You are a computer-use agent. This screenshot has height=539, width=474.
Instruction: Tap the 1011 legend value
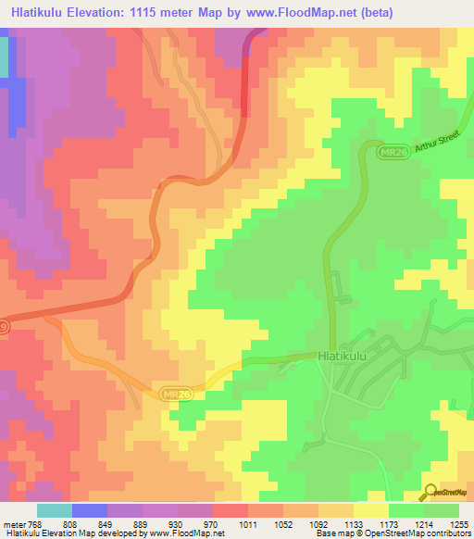coord(247,523)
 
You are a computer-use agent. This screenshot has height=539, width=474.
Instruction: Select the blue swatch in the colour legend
coord(90,510)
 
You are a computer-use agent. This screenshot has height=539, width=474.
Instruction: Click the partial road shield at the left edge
coord(5,328)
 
